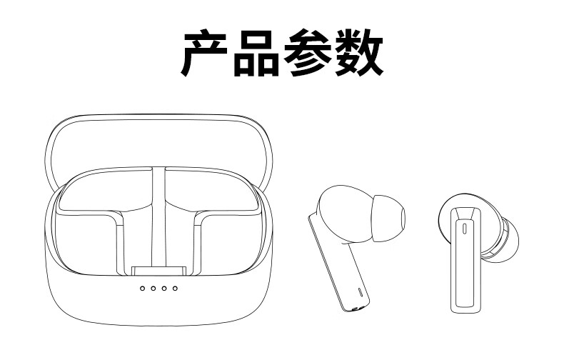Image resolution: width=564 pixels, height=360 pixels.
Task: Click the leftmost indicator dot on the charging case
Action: tap(143, 289)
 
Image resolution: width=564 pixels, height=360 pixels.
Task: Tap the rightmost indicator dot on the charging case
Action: tap(175, 289)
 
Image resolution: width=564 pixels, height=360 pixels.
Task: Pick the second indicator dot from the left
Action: tap(153, 289)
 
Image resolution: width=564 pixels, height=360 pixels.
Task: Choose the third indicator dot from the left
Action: tap(164, 289)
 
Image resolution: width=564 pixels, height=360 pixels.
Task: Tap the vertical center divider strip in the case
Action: tap(158, 214)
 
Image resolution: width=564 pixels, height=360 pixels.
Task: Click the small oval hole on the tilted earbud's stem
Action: tap(359, 292)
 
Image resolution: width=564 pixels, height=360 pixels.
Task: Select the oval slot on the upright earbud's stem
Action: tap(465, 229)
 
